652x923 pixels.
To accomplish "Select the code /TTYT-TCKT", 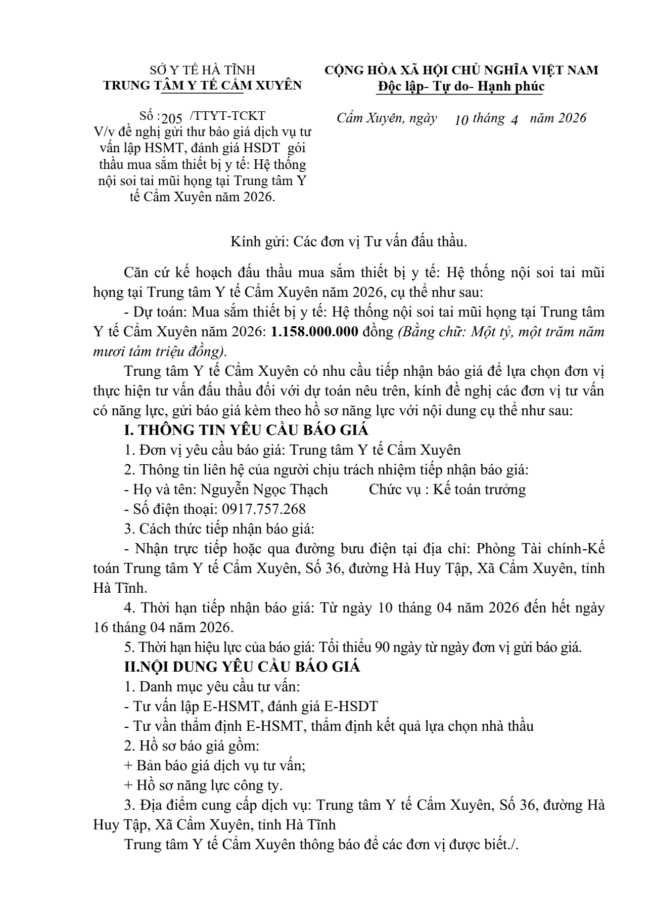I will [x=227, y=116].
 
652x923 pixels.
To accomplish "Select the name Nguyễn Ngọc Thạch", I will [x=264, y=489].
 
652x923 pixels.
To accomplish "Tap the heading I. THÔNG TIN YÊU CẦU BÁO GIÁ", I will [x=246, y=430].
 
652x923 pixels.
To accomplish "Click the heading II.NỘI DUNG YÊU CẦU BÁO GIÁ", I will [x=242, y=667].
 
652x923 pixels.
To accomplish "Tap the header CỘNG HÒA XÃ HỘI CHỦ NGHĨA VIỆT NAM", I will [x=461, y=70].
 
